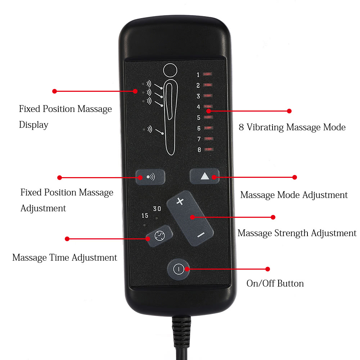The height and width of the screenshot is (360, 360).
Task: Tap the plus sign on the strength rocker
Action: pyautogui.click(x=180, y=201)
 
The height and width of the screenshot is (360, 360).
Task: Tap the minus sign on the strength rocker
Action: pyautogui.click(x=201, y=235)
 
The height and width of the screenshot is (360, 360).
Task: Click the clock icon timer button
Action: pyautogui.click(x=159, y=236)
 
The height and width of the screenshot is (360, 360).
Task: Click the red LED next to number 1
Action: pyautogui.click(x=208, y=74)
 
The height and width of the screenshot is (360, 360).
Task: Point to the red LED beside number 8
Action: pyautogui.click(x=209, y=149)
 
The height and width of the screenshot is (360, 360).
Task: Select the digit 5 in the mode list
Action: pyautogui.click(x=199, y=118)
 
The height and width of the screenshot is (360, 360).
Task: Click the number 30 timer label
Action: pyautogui.click(x=157, y=209)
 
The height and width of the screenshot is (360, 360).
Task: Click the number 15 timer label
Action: pyautogui.click(x=145, y=216)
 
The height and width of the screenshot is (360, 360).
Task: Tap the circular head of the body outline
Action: pyautogui.click(x=170, y=70)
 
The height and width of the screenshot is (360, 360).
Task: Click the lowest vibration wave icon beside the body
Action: pyautogui.click(x=150, y=129)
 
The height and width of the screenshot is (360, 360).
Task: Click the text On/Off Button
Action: pyautogui.click(x=275, y=283)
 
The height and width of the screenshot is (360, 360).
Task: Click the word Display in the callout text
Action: pyautogui.click(x=33, y=125)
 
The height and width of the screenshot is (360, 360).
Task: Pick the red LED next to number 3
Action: pyautogui.click(x=208, y=95)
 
